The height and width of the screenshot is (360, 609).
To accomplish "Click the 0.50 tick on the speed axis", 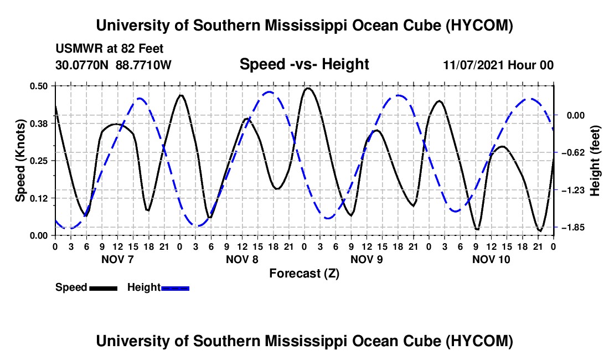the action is pos(38,86).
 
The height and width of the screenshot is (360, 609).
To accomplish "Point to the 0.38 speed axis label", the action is pos(38,124).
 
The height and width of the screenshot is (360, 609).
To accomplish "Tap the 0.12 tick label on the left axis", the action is pos(38,198).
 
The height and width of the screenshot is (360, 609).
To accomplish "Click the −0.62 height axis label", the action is pos(572,152).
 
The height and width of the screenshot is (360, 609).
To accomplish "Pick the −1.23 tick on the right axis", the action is pos(572,190).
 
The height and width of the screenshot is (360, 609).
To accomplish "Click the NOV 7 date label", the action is pos(117,259).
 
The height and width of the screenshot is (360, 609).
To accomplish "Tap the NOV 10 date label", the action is pos(491,259).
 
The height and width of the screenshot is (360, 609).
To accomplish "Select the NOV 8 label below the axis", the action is pos(242,259).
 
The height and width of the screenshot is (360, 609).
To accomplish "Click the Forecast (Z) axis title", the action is pos(304,274).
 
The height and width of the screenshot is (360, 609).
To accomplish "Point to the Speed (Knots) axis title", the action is pos(20,161).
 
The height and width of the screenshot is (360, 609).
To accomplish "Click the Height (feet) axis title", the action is pos(595,161).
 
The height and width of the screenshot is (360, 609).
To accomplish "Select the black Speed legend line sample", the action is pos(104,288).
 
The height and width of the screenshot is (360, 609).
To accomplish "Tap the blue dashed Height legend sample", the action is pos(175,288).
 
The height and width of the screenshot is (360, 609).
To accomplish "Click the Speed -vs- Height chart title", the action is pos(304,64).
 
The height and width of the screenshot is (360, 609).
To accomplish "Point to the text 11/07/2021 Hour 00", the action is pos(498,65).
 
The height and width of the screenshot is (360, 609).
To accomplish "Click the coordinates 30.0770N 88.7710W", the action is pos(113,65).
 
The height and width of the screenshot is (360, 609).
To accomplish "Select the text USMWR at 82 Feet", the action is pos(110,49).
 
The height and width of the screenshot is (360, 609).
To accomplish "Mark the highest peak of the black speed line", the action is pos(308,89).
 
